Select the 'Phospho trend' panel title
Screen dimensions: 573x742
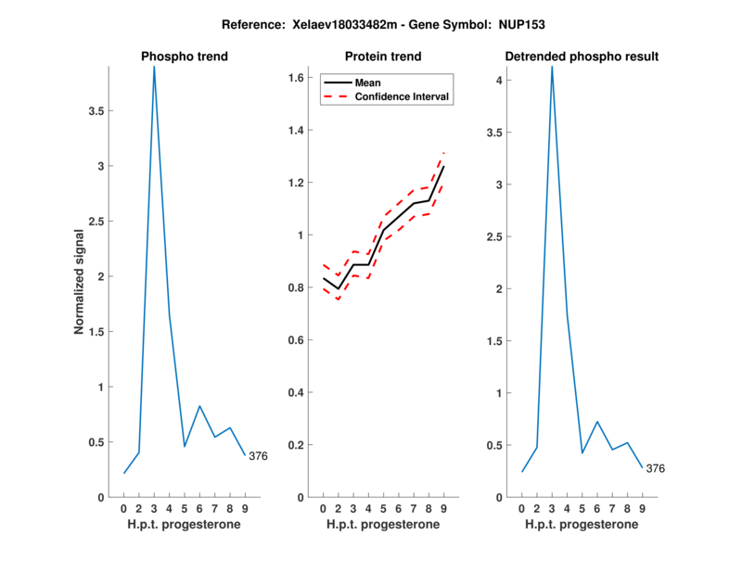185,57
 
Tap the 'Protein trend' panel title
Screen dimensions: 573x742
383,57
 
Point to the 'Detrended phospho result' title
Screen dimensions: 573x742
582,57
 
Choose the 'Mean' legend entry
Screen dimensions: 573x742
368,83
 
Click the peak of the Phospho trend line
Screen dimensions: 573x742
154,67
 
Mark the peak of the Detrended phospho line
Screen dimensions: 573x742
552,67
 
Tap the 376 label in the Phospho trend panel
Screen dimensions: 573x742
258,455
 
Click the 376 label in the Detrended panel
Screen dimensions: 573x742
656,468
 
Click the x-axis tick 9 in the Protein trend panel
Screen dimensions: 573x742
443,508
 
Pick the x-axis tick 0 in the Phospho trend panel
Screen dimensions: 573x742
124,508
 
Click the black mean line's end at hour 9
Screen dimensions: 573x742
443,167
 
